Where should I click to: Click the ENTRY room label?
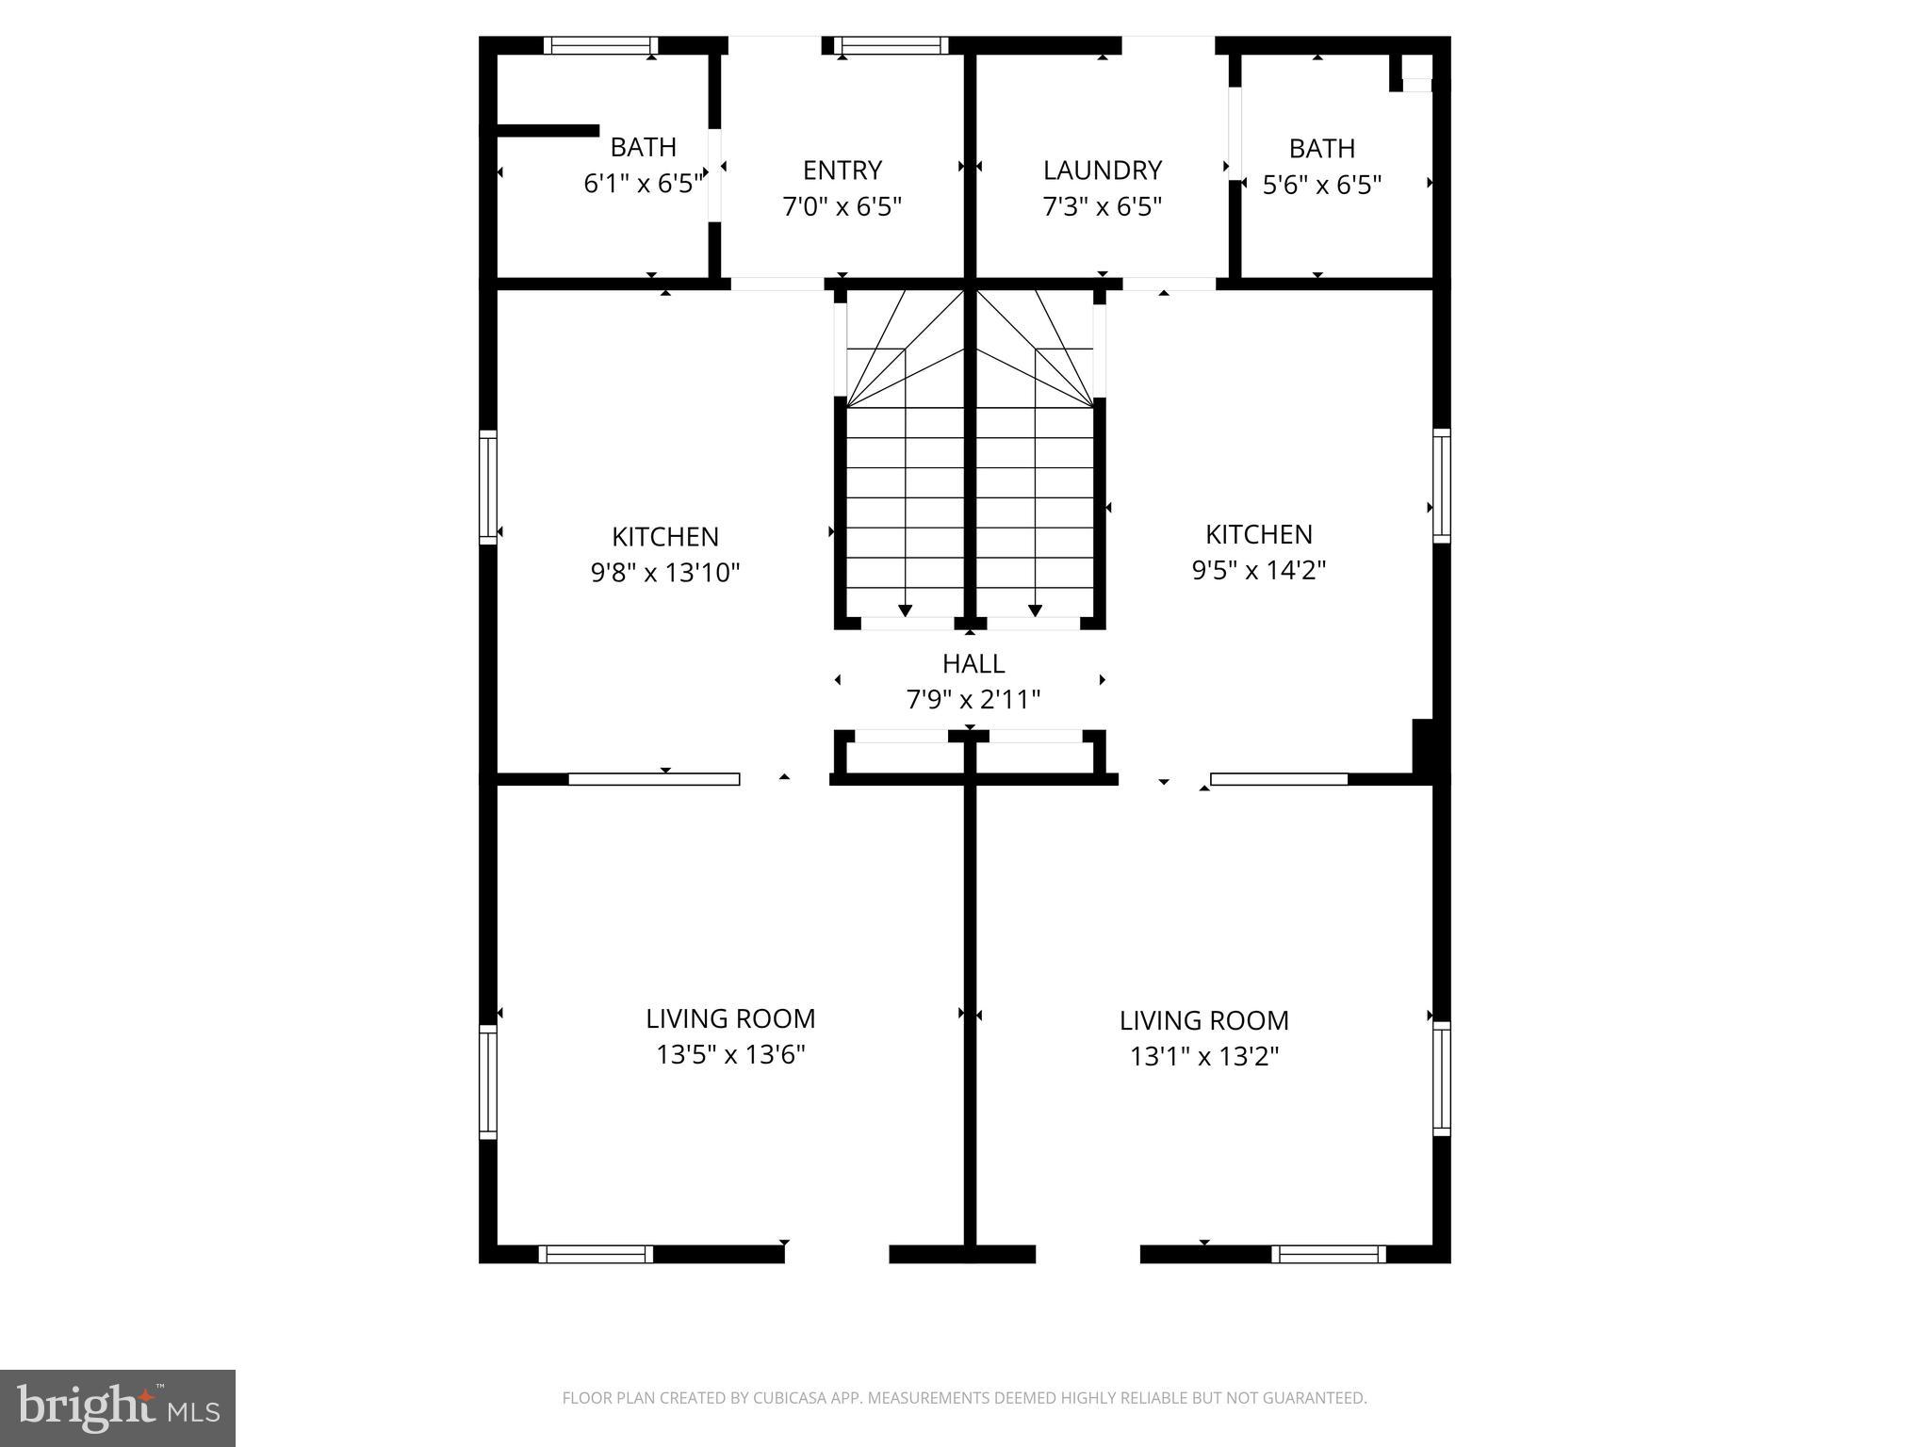(842, 171)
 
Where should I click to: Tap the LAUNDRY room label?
(1102, 171)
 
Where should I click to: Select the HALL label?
(973, 664)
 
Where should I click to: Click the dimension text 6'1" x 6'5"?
(645, 184)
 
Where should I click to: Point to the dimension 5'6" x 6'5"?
(1322, 185)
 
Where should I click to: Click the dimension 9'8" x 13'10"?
(665, 573)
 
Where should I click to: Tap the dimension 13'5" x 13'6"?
(730, 1054)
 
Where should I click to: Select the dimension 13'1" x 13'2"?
(1204, 1056)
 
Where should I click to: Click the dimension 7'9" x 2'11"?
(973, 700)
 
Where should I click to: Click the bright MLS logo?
(118, 1408)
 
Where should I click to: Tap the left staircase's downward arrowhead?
(906, 610)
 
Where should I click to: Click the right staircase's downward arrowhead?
(1036, 610)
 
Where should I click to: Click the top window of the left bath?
(601, 45)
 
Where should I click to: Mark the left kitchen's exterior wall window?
(488, 487)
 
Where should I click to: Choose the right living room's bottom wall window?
(1329, 1254)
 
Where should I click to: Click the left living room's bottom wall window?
(597, 1254)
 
